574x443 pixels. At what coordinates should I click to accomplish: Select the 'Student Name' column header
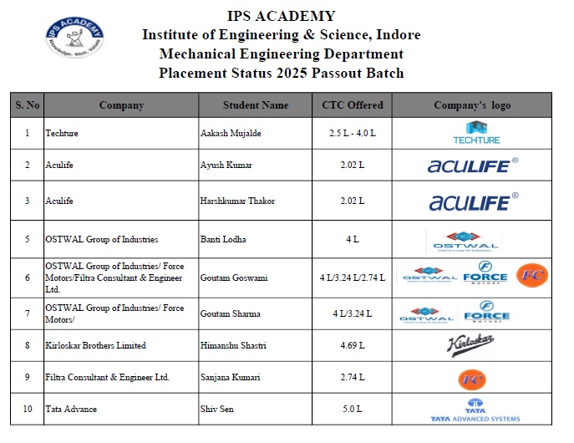[256, 105]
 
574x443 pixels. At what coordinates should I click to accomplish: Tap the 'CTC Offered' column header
[353, 105]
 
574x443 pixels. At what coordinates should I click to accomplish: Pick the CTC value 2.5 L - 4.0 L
[353, 133]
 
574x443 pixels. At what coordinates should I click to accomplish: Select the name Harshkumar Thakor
[237, 201]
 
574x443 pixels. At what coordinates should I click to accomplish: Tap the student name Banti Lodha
[224, 239]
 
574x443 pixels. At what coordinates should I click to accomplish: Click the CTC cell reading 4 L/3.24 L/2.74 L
[353, 277]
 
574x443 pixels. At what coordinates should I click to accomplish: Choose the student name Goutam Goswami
[233, 277]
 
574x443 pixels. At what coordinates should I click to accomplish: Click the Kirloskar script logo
[472, 344]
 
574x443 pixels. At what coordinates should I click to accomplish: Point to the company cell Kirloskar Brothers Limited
[96, 345]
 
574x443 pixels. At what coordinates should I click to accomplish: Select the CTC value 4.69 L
[353, 345]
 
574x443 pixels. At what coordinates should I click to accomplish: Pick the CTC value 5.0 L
[353, 409]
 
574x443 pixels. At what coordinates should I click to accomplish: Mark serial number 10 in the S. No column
[28, 409]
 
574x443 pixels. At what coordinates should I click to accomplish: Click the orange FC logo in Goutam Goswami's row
[532, 275]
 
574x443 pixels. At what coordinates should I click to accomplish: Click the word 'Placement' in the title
[191, 73]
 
